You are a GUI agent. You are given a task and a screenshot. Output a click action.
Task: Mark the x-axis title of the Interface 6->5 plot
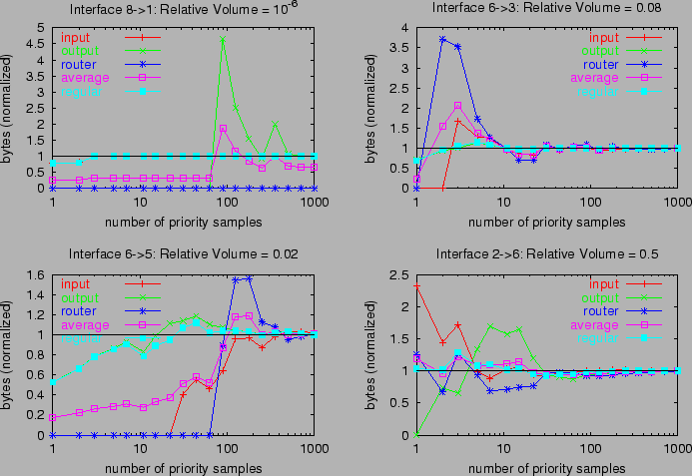pyautogui.click(x=185, y=467)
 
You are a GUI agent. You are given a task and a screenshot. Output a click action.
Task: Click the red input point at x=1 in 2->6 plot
pyautogui.click(x=416, y=285)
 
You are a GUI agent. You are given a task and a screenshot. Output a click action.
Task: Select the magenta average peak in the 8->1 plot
pyautogui.click(x=223, y=128)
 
